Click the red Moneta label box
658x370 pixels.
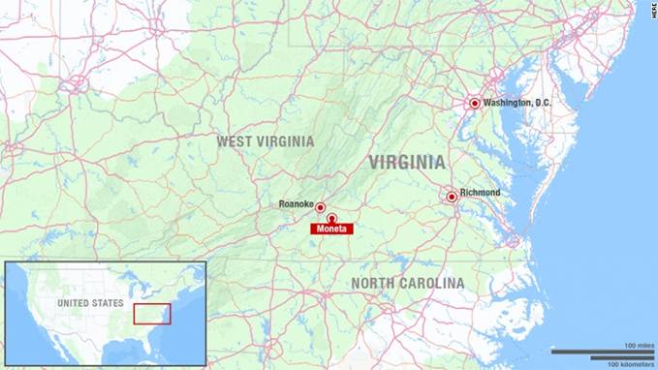point(331,229)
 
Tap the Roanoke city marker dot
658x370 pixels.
point(320,207)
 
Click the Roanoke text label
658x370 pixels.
point(295,203)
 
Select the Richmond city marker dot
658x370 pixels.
point(452,197)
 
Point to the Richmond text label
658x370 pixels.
point(480,193)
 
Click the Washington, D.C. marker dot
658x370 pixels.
point(475,104)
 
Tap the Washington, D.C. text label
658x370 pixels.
point(521,103)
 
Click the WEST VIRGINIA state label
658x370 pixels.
point(265,141)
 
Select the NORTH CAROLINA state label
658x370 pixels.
point(407,283)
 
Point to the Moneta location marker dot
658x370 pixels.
point(331,218)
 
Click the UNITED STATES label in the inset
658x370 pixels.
point(90,303)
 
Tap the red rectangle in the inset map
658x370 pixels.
point(152,314)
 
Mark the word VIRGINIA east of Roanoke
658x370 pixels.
point(407,162)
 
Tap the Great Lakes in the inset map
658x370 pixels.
point(145,282)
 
